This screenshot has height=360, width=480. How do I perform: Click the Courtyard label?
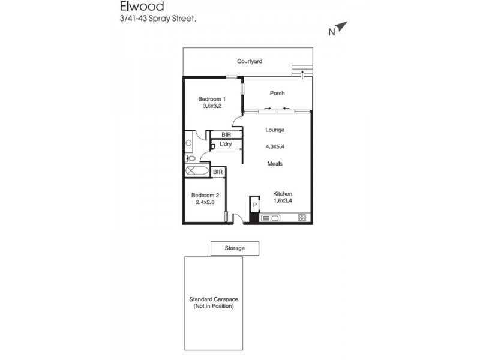(249, 61)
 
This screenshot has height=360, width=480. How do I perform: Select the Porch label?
(277, 93)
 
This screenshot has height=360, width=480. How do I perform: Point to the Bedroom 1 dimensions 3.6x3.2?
(212, 106)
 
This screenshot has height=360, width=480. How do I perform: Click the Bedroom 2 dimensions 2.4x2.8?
(204, 202)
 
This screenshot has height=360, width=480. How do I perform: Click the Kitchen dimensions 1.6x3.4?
(282, 201)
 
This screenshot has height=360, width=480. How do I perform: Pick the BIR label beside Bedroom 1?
(226, 134)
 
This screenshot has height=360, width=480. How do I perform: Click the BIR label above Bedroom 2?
(218, 172)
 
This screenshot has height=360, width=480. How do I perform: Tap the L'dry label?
(226, 144)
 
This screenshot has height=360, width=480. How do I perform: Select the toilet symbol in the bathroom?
(190, 158)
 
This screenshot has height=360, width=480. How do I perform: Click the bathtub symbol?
(197, 172)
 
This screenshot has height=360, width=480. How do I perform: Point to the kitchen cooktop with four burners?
(302, 217)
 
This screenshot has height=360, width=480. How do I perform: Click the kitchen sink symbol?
(270, 217)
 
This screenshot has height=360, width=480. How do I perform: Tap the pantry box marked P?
(254, 206)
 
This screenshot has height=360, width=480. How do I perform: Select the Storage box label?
(235, 248)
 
